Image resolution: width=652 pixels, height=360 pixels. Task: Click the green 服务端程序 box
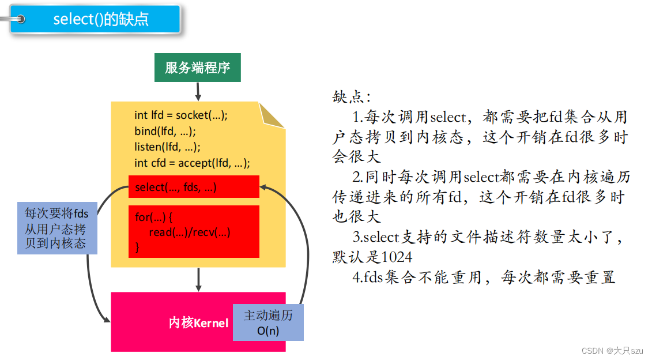point(197,67)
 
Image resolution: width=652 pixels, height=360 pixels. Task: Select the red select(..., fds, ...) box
point(194,187)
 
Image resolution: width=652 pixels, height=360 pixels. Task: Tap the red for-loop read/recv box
point(194,232)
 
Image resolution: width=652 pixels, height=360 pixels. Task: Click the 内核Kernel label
point(198,323)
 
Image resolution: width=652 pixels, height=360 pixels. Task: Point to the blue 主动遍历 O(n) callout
point(268,322)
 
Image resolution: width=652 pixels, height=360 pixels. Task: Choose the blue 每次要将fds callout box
point(56,228)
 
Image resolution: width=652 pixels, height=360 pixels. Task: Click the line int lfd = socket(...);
point(181,115)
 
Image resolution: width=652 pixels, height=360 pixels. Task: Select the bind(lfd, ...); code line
point(165,130)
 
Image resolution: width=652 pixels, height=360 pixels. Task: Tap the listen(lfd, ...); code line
point(167,146)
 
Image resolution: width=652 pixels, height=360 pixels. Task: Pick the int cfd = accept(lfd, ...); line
point(192,163)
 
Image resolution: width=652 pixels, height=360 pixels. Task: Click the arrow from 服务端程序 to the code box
point(198,91)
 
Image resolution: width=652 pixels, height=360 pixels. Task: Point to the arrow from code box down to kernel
point(198,279)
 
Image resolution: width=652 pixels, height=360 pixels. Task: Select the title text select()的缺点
point(101,19)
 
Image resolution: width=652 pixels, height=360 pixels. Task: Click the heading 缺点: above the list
point(352,96)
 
